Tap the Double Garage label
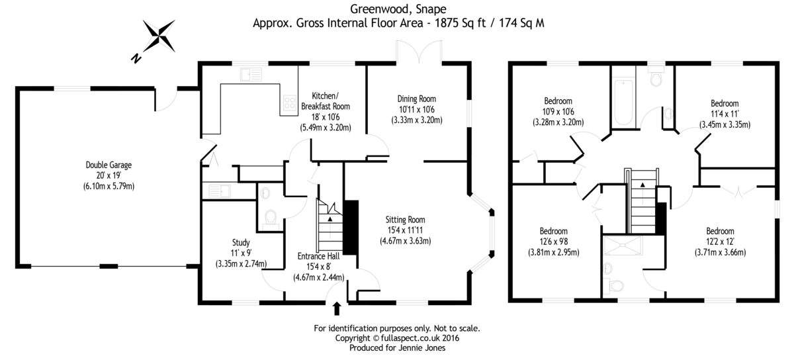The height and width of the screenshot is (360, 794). coord(104,165)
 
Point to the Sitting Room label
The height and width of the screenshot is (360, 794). coord(406,220)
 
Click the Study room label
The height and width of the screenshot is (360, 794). coord(241,242)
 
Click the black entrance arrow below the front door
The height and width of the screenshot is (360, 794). coord(336,308)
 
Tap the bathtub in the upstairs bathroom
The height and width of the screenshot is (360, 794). coord(623,103)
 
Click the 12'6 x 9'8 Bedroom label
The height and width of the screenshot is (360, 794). coord(553,231)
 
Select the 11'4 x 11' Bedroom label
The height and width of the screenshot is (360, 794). coord(725,103)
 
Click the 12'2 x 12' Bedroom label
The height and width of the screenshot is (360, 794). coord(720,231)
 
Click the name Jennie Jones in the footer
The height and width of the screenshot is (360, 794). coord(429,347)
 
